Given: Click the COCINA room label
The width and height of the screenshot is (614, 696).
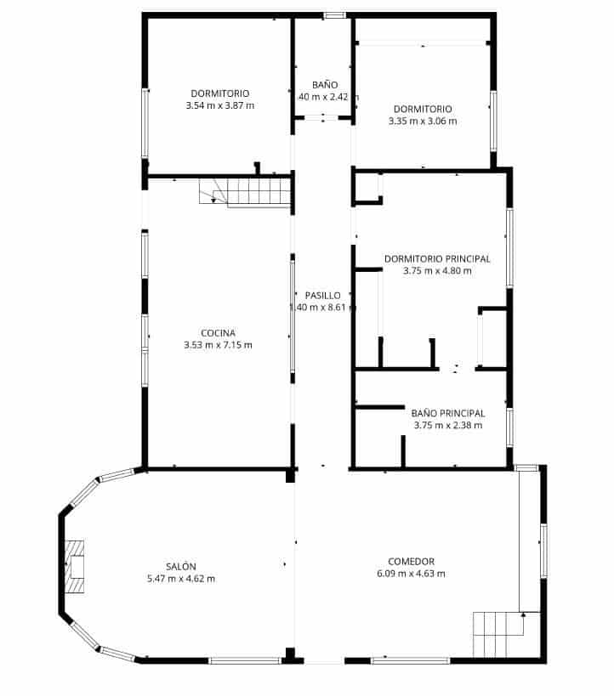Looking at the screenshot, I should point(218,333).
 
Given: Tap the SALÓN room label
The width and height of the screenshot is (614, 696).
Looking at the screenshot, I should point(181,567).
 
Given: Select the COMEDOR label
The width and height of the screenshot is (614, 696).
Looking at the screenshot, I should point(411,562).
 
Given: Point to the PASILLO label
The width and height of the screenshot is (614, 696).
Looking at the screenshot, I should point(322,296).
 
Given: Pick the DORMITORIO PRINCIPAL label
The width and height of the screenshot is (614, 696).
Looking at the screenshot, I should point(437,259).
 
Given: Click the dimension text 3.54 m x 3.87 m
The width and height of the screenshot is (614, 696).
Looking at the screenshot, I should point(219,105).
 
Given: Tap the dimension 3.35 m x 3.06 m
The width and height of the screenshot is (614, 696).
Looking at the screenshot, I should point(422,121).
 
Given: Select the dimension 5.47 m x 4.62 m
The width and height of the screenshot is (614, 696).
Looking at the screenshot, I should point(181,579).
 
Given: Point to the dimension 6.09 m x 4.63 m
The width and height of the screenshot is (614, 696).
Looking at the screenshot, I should point(411,574).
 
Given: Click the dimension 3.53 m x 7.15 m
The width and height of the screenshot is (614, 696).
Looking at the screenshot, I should point(218,345).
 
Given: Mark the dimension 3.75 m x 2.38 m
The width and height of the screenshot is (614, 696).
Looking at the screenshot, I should point(447,426).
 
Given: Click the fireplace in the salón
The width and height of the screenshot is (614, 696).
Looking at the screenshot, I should point(77,566).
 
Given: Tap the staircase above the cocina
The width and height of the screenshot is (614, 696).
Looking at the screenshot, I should point(247,192).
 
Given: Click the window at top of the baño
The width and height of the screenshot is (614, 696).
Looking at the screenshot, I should point(334,15).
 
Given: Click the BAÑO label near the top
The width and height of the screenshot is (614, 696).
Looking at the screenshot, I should point(325,85).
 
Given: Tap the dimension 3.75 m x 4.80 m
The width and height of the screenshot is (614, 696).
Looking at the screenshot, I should point(437,271).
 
